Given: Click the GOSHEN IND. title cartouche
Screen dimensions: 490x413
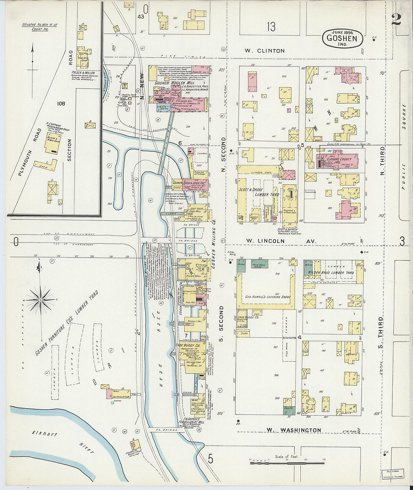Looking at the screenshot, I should point(342,38).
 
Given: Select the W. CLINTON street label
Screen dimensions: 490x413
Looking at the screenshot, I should point(265,51).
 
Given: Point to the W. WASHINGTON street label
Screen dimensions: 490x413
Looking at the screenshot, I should point(294,430).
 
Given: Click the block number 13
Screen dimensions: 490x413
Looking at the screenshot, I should point(271,27).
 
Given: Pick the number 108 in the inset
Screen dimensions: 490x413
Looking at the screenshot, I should point(61,103).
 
